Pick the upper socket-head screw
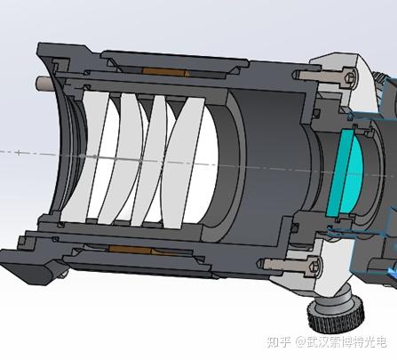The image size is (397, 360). [x=325, y=77]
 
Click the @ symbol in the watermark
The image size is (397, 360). [x=300, y=342]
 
